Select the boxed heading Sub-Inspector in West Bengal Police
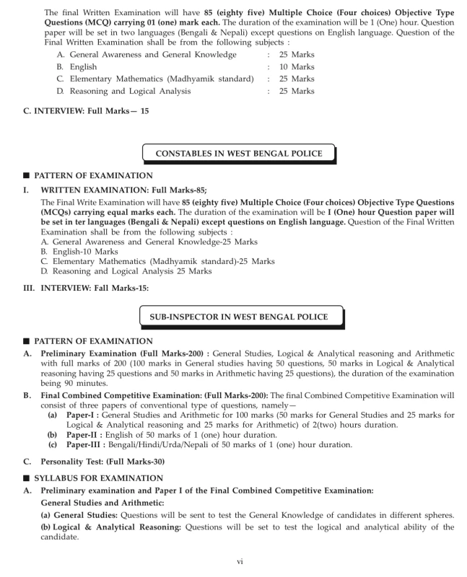point(239,317)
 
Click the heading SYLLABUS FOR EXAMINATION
point(91,478)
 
